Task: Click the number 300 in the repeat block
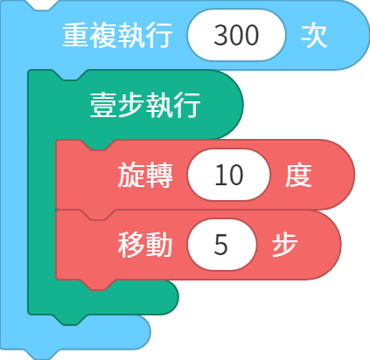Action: (x=236, y=35)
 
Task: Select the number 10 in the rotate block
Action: (x=229, y=176)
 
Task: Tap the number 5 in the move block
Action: (x=220, y=246)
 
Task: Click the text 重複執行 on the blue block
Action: (x=117, y=35)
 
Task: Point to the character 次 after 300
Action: (x=314, y=35)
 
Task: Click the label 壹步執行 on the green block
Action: (x=145, y=105)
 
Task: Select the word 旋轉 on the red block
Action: (x=145, y=176)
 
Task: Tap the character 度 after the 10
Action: (x=298, y=176)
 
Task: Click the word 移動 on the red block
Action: (x=145, y=246)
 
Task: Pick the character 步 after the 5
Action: (x=284, y=246)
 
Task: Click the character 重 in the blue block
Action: (x=76, y=35)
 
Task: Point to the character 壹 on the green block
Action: (x=103, y=105)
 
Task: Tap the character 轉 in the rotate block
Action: (x=159, y=176)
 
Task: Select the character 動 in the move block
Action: (x=159, y=246)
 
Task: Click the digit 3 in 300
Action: (x=221, y=35)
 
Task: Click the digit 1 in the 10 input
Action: (x=220, y=176)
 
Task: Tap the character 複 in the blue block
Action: (x=103, y=35)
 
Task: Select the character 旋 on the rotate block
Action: (x=131, y=176)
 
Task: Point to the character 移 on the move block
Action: (x=131, y=246)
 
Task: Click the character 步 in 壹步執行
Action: (x=131, y=105)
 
